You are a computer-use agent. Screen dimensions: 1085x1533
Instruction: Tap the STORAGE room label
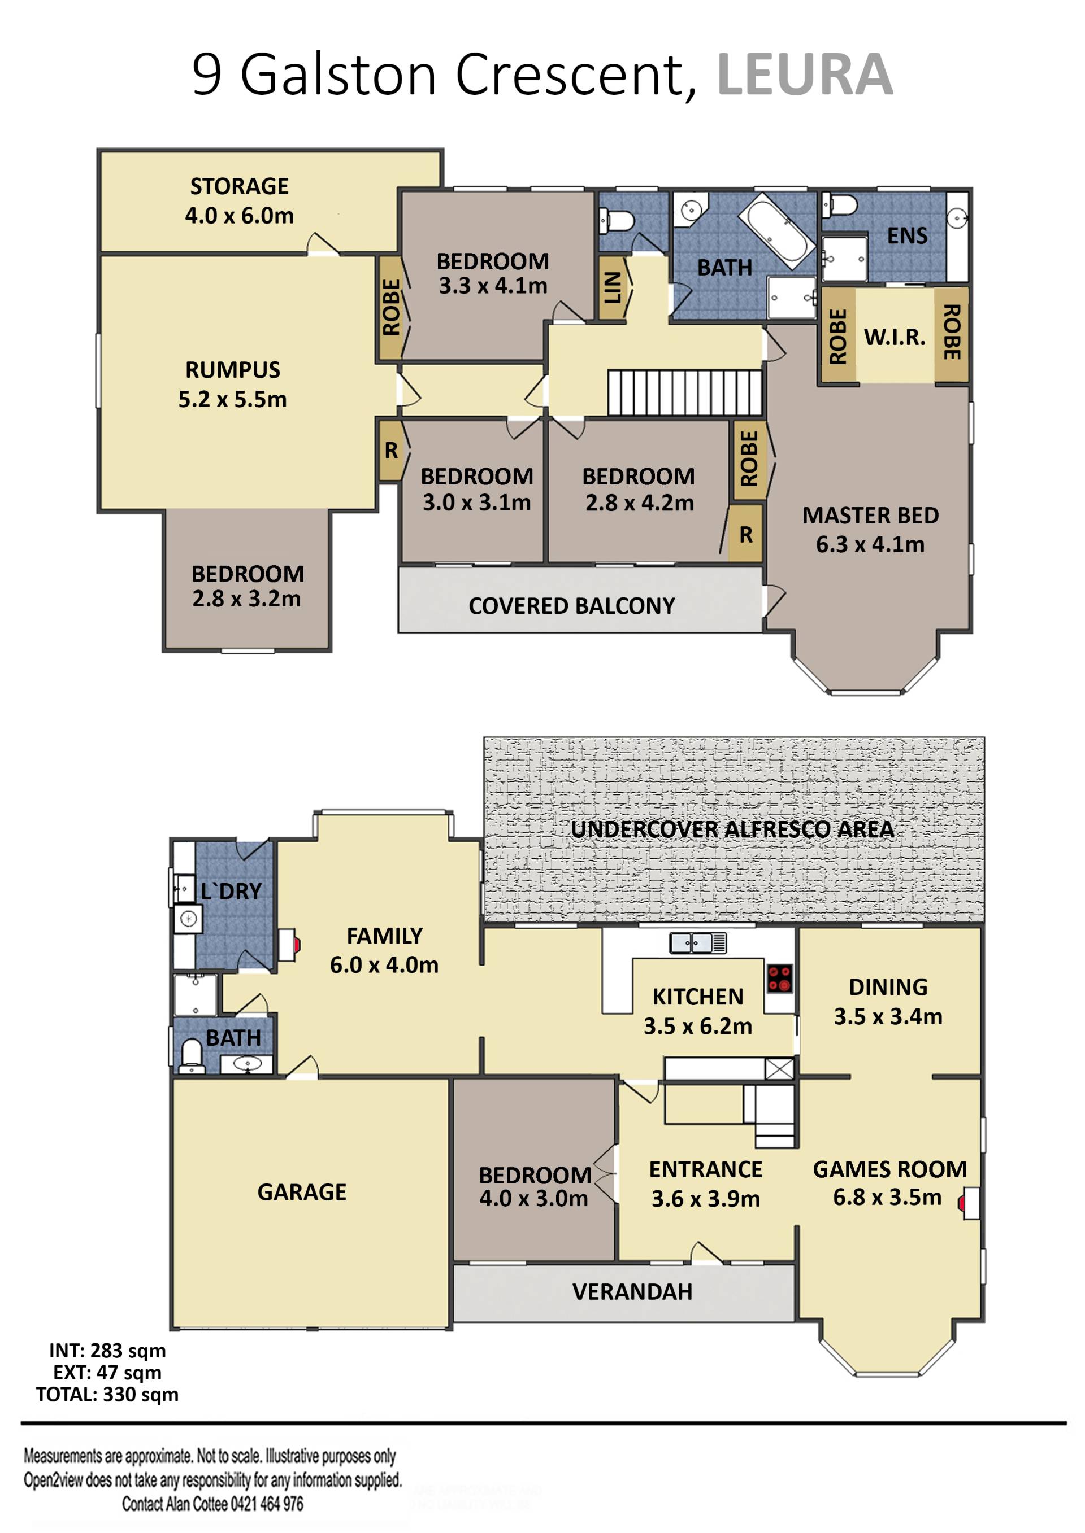pos(239,186)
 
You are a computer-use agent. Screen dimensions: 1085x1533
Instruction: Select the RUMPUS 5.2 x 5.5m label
pos(232,385)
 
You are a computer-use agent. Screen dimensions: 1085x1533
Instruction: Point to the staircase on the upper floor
pos(685,392)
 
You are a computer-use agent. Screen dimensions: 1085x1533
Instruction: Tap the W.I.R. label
pos(895,337)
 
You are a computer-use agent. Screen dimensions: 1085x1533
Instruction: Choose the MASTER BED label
pos(870,516)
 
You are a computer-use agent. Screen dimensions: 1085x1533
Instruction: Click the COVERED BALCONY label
pos(572,606)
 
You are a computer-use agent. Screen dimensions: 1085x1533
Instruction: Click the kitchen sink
pos(697,943)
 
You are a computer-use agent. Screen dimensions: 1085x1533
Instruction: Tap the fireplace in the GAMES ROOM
pos(969,1203)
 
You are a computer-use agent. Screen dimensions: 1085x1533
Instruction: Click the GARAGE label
pos(302,1192)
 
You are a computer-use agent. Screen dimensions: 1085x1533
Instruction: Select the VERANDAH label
pos(632,1292)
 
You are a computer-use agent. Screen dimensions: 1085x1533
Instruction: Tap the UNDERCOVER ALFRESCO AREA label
pos(732,829)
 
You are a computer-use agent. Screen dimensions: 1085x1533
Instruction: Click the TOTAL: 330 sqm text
pos(107,1395)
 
